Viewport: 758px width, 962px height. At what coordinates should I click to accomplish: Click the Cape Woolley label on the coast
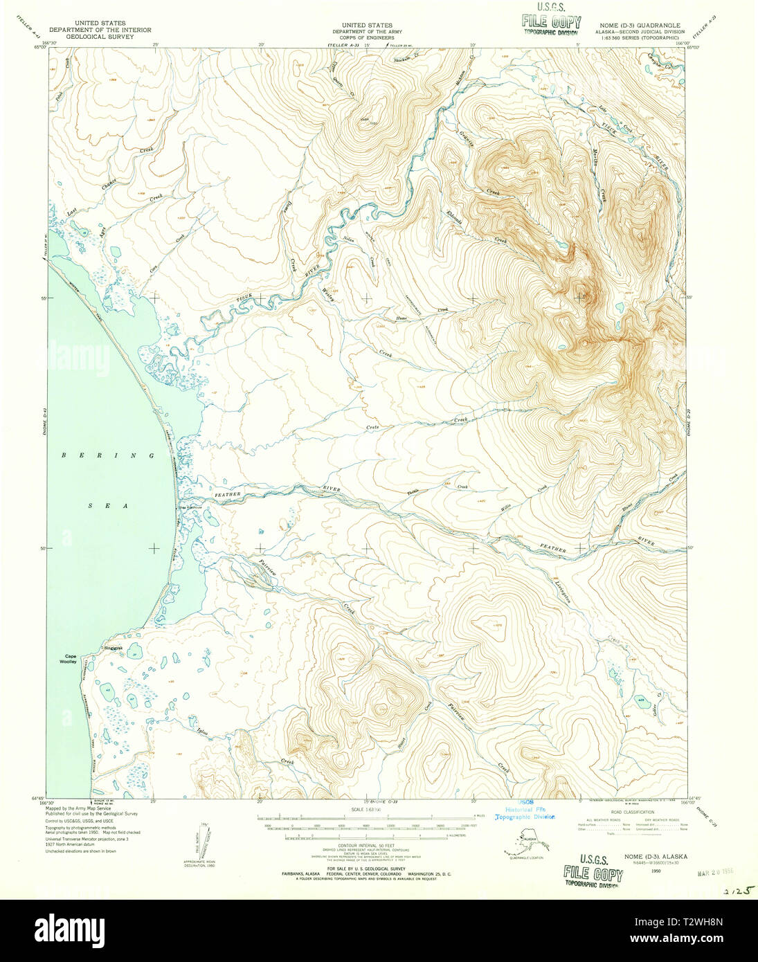[x=70, y=659]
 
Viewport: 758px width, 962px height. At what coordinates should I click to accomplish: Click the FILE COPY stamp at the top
[x=551, y=22]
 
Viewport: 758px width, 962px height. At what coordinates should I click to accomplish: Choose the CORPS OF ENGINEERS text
[x=361, y=37]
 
